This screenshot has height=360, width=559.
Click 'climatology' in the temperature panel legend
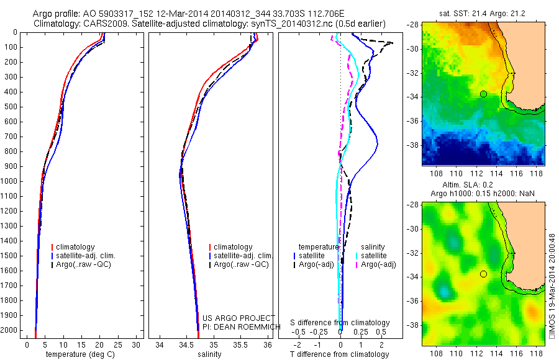point(76,247)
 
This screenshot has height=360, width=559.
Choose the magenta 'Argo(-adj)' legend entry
point(378,264)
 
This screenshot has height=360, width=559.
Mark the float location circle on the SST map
point(483,94)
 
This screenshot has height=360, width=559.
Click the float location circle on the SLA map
point(483,274)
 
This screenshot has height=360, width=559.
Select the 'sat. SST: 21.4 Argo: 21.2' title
point(484,12)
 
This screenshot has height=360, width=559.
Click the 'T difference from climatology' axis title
point(340,354)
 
